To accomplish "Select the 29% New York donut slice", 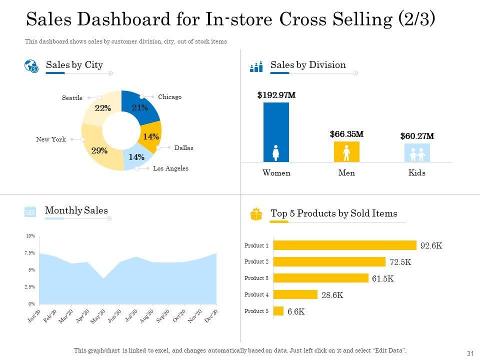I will click(x=99, y=150).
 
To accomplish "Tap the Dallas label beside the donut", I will click(x=183, y=148).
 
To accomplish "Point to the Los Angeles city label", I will click(x=170, y=168).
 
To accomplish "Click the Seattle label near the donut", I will click(x=72, y=98).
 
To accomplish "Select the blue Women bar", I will click(x=276, y=132).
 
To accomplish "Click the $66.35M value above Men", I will click(x=346, y=134).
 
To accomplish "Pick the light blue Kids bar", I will click(x=417, y=152).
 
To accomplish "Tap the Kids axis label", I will click(x=417, y=173).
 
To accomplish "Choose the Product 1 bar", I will click(x=345, y=245).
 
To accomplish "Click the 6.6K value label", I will click(x=296, y=311).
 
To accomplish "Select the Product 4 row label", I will click(x=256, y=294).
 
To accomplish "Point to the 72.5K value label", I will click(x=400, y=262).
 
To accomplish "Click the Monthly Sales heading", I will click(x=76, y=210).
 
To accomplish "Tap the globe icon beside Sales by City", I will click(x=31, y=66).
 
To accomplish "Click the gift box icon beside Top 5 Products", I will click(x=256, y=214).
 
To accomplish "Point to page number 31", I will click(x=469, y=353).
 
